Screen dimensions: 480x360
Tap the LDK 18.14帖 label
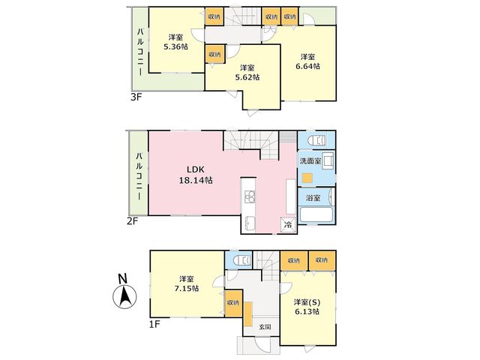(196, 175)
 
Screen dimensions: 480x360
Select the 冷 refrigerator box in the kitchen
(288, 225)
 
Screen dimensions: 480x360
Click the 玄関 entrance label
(265, 327)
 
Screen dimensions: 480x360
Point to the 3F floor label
(136, 97)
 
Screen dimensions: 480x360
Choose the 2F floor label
(132, 220)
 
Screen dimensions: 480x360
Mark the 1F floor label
(154, 324)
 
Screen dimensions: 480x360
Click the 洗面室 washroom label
(310, 161)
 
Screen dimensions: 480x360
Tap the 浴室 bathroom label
(313, 198)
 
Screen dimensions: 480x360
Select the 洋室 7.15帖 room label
(187, 283)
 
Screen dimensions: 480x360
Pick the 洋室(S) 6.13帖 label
(307, 307)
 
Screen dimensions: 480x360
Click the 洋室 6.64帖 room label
(307, 61)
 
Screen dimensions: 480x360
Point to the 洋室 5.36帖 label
(175, 42)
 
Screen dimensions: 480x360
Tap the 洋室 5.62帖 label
(247, 73)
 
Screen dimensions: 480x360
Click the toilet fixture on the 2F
(316, 140)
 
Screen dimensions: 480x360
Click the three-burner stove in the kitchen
(250, 196)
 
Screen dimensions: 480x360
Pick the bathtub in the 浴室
(316, 215)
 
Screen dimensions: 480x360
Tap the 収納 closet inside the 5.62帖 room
(215, 54)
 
